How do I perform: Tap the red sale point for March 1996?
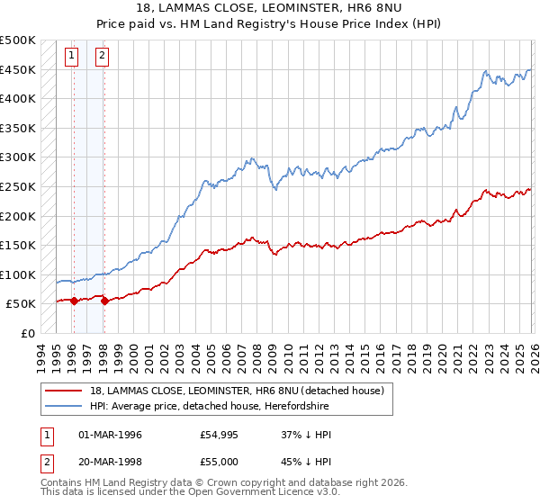pos(74,301)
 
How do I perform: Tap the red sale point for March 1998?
pos(105,301)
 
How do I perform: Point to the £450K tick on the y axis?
pos(19,69)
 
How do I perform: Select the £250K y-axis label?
pos(19,186)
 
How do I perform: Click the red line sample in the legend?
pos(64,391)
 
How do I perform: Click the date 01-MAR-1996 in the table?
pos(110,435)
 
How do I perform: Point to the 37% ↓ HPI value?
pos(306,435)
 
